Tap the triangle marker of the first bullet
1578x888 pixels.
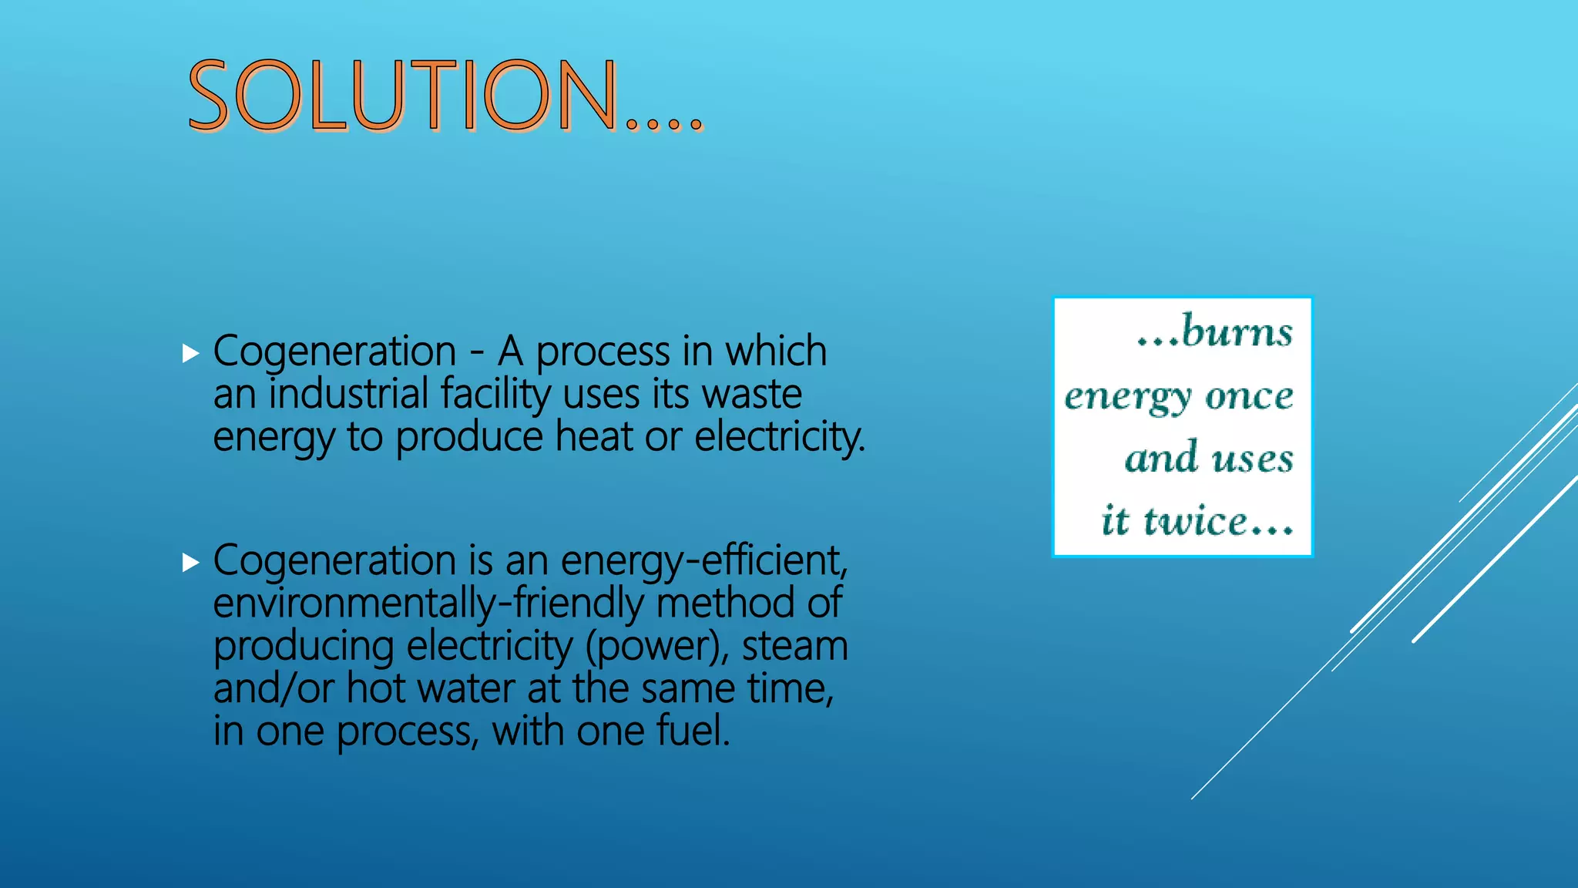pyautogui.click(x=190, y=354)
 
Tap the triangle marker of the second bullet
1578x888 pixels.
pyautogui.click(x=190, y=563)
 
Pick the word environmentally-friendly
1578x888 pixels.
pyautogui.click(x=428, y=603)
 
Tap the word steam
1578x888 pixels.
pyautogui.click(x=794, y=646)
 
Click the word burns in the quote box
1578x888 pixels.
pyautogui.click(x=1236, y=331)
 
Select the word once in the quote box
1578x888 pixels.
pyautogui.click(x=1249, y=395)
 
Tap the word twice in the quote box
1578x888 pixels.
pyautogui.click(x=1194, y=520)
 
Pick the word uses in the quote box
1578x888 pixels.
pyautogui.click(x=1252, y=459)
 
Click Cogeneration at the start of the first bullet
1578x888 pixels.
pyautogui.click(x=334, y=352)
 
